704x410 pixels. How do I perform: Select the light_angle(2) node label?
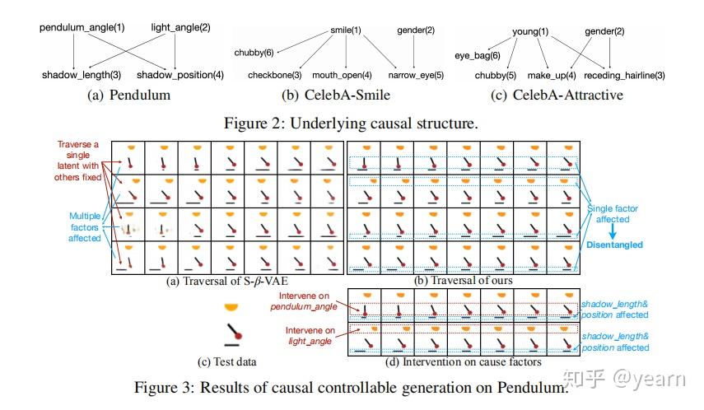(180, 28)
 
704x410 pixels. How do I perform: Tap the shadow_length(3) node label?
(80, 76)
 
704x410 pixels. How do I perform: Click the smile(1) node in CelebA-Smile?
(344, 31)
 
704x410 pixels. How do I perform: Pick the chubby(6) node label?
(254, 53)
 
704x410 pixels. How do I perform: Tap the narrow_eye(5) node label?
(417, 76)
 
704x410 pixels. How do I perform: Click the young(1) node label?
(530, 32)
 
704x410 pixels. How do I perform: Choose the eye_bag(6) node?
(478, 56)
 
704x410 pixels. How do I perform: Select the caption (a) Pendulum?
(129, 95)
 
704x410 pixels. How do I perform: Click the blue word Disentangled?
(615, 245)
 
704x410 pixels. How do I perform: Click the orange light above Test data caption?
(234, 307)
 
